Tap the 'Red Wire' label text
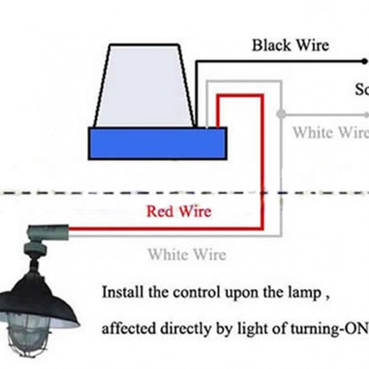(x=179, y=212)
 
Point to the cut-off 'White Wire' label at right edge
(x=330, y=133)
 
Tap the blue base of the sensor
(x=157, y=143)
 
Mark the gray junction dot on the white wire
(x=280, y=115)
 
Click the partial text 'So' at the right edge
(x=362, y=91)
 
